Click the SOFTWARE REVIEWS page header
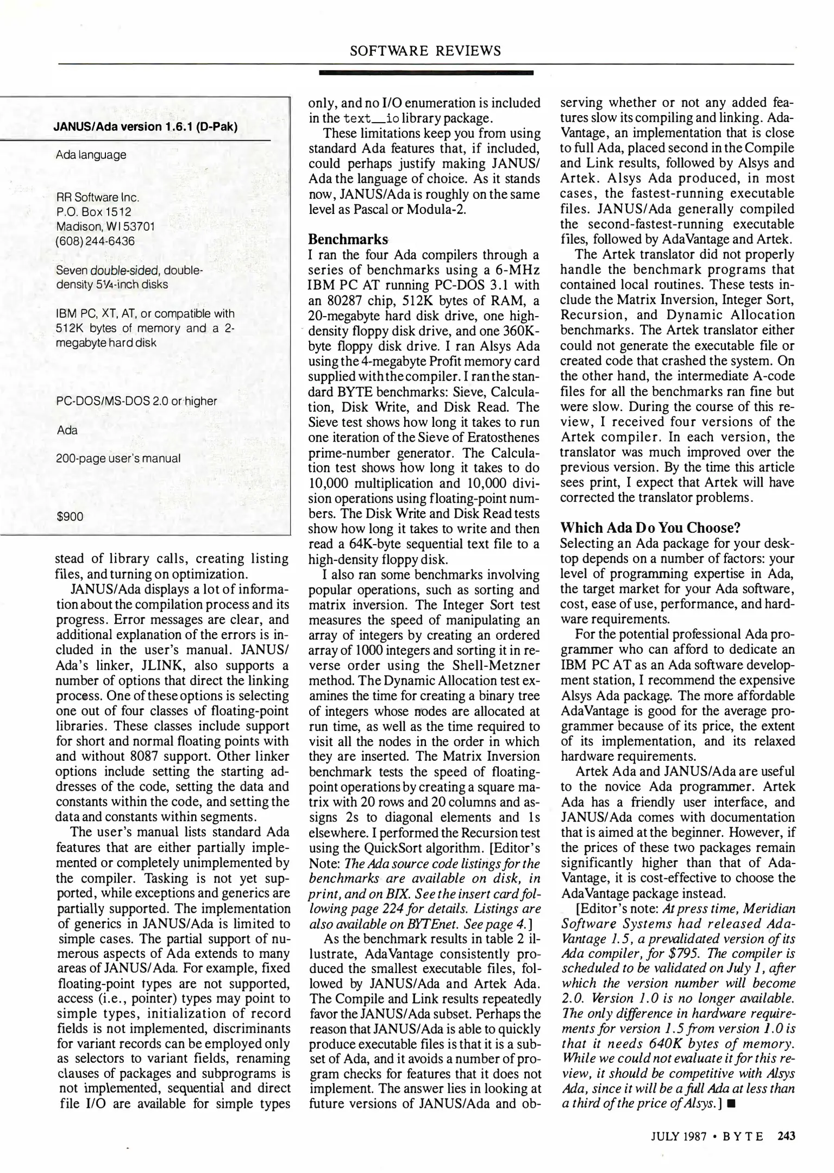click(x=425, y=51)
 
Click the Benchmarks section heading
click(x=348, y=239)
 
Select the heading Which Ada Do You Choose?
click(x=651, y=528)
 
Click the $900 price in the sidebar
click(x=70, y=516)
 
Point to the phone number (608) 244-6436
click(x=95, y=241)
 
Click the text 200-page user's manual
click(x=118, y=458)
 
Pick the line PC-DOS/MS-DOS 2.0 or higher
click(x=136, y=401)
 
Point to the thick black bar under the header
click(x=425, y=72)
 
